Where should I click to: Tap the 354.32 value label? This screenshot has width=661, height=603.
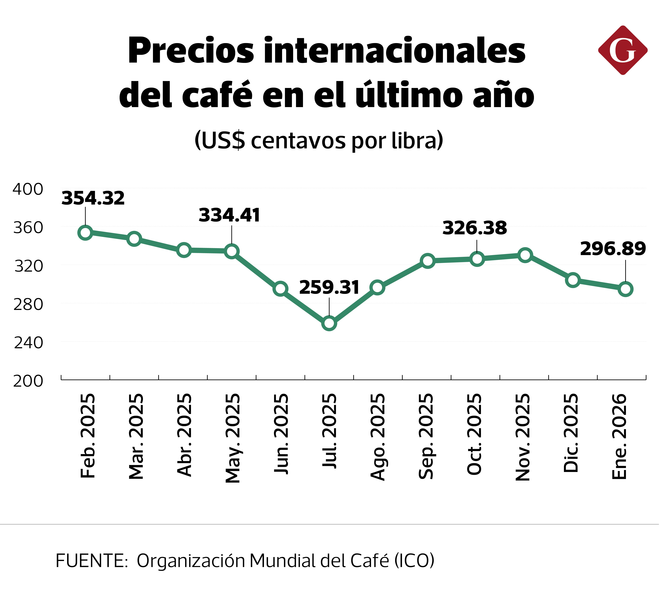(x=93, y=199)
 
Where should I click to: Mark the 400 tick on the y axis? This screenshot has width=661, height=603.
(x=28, y=189)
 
